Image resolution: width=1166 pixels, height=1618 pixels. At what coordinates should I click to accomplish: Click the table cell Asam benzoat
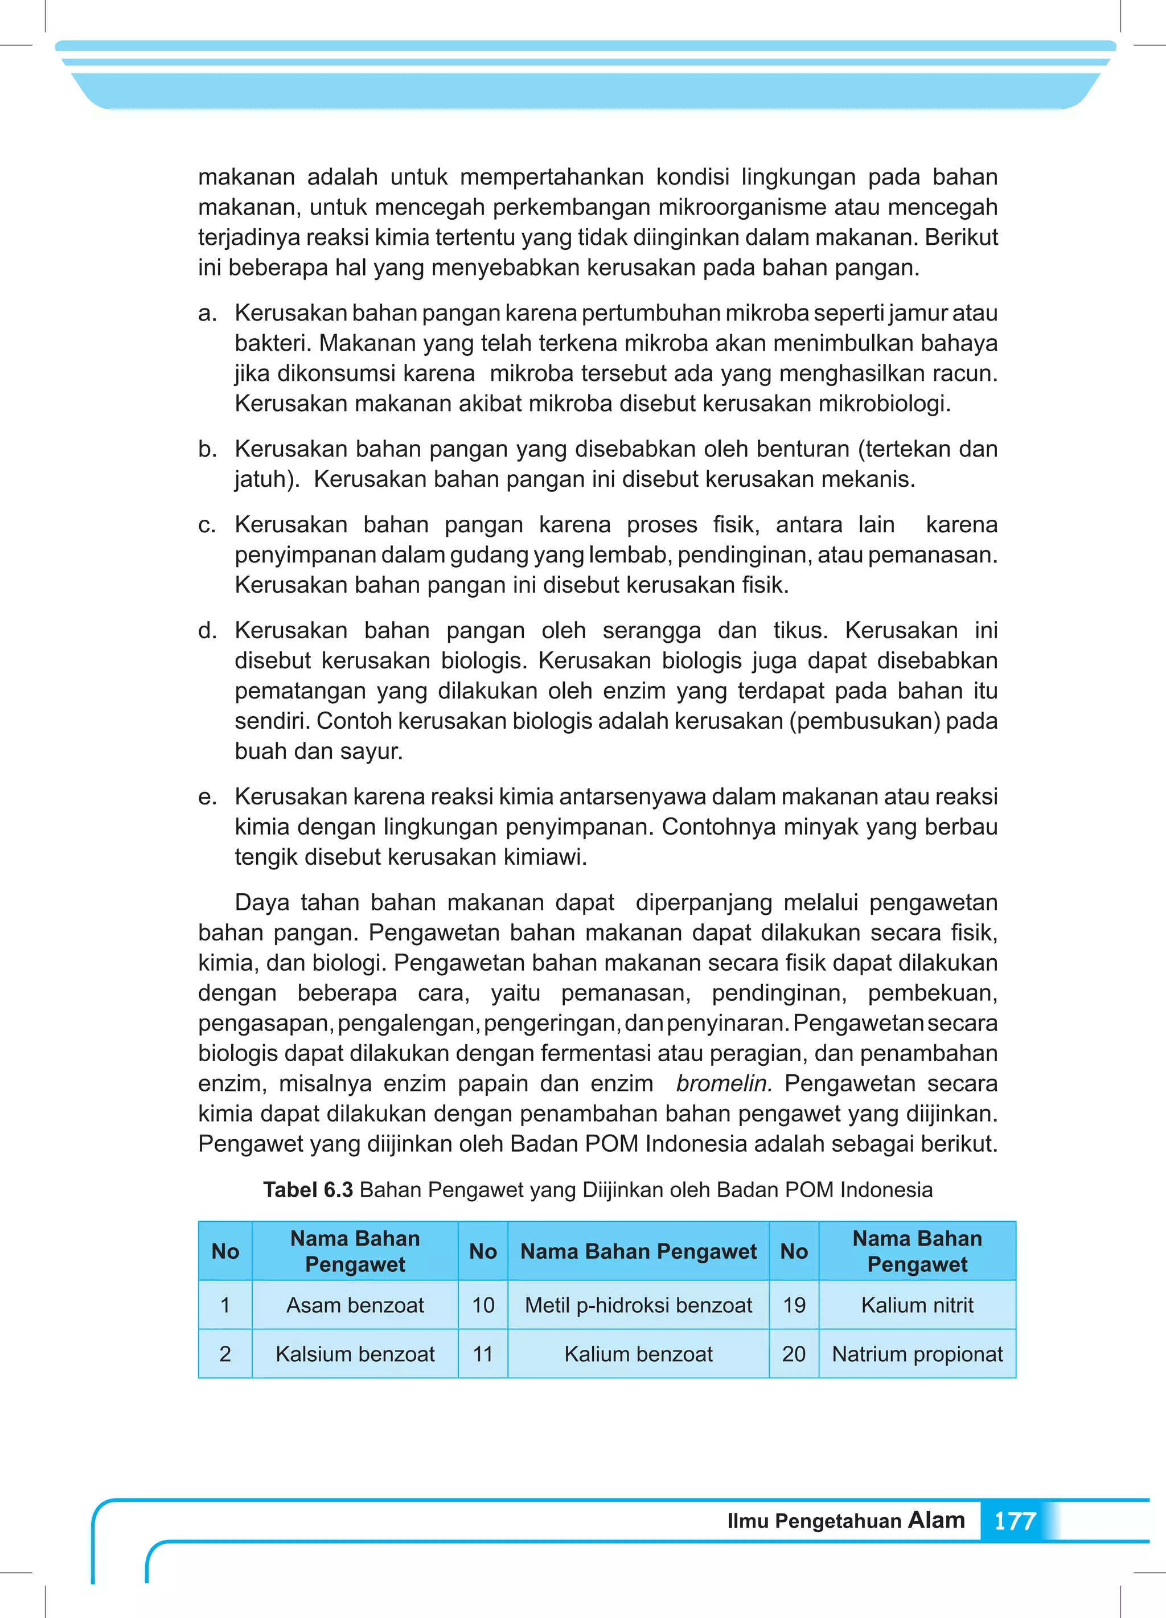point(355,1305)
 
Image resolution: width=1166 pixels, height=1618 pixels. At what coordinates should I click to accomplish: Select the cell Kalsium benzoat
point(355,1353)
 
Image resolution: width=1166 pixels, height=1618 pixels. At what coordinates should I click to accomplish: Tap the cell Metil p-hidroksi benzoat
point(638,1305)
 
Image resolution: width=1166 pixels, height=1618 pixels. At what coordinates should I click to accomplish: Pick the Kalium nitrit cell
point(917,1305)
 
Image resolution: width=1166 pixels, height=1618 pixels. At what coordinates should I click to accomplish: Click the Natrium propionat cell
point(917,1353)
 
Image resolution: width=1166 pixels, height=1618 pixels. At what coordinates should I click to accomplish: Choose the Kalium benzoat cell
point(638,1353)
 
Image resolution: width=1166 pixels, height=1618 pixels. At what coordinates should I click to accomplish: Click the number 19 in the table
point(794,1305)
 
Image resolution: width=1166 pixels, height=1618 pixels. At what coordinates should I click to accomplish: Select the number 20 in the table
point(794,1353)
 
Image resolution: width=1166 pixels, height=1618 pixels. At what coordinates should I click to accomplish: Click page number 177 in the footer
point(1014,1521)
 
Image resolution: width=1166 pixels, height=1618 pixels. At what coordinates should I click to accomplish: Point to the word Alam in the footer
point(936,1520)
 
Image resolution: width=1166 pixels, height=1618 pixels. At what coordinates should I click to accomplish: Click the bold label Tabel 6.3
point(307,1189)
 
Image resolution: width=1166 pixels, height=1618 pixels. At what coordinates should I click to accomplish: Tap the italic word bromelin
point(724,1083)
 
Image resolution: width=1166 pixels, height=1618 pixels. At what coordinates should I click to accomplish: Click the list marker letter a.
point(207,313)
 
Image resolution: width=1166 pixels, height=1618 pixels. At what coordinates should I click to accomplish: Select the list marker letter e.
point(207,797)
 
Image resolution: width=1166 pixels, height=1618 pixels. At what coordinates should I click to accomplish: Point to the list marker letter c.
point(207,525)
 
